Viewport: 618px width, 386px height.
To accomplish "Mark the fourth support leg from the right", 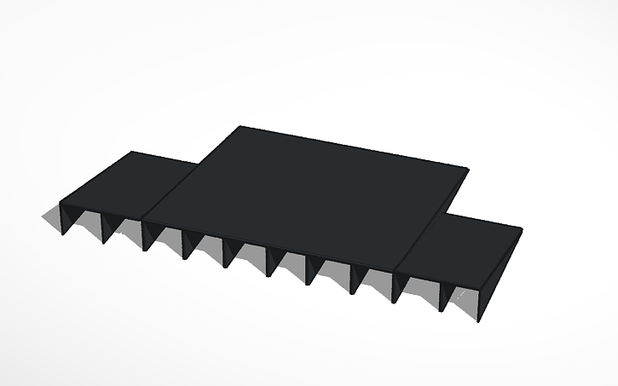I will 354,280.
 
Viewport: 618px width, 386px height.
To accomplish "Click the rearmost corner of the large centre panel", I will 242,127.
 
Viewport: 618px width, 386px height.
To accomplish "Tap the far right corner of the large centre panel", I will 468,169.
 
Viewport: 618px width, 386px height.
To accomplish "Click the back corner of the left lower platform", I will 133,152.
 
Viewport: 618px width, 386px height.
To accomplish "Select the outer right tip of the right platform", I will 522,229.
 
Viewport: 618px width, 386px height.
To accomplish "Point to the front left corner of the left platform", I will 60,203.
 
